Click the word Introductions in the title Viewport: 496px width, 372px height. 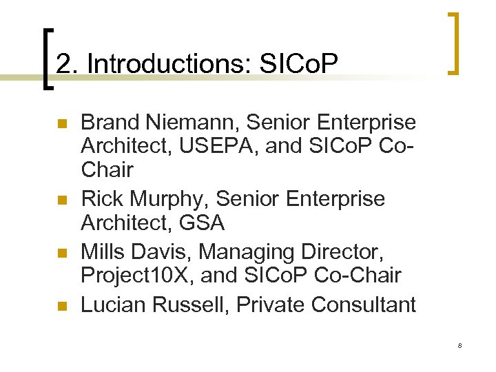click(169, 64)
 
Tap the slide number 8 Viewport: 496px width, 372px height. click(459, 345)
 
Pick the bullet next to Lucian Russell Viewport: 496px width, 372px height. click(61, 304)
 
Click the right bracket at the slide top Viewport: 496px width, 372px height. click(453, 43)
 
